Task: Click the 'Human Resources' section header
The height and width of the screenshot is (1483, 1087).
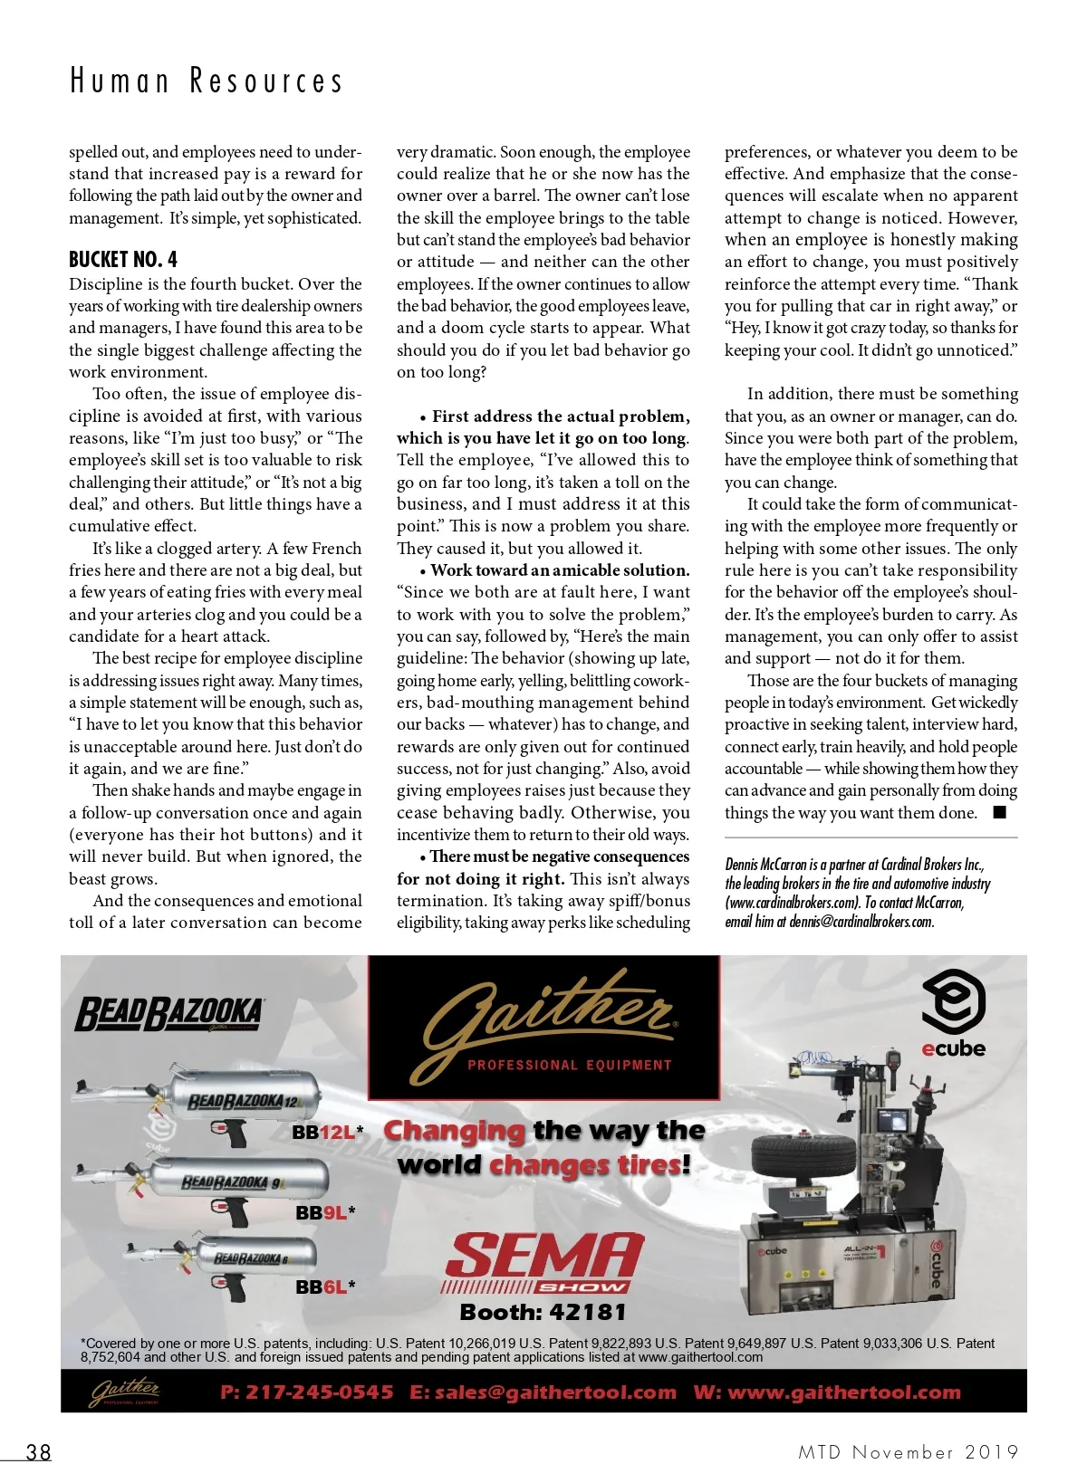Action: (x=207, y=81)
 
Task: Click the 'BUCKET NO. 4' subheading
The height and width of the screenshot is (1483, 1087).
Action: (x=123, y=260)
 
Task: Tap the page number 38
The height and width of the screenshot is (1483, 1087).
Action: (x=38, y=1452)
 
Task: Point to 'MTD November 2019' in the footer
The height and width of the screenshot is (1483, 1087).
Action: (x=908, y=1452)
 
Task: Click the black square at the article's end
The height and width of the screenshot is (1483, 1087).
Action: (x=1000, y=812)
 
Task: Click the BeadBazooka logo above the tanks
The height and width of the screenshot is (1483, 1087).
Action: (x=169, y=1014)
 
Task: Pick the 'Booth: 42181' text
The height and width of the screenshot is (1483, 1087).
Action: (x=543, y=1312)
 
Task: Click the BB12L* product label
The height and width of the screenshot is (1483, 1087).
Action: (x=327, y=1132)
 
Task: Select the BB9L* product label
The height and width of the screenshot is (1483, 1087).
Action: (x=325, y=1212)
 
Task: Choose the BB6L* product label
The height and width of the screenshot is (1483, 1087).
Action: (x=325, y=1287)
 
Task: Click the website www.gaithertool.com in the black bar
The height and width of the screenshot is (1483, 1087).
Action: (x=843, y=1392)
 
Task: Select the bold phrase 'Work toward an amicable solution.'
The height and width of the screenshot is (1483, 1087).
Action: (x=560, y=570)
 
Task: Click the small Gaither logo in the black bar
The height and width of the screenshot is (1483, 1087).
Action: (x=124, y=1392)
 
